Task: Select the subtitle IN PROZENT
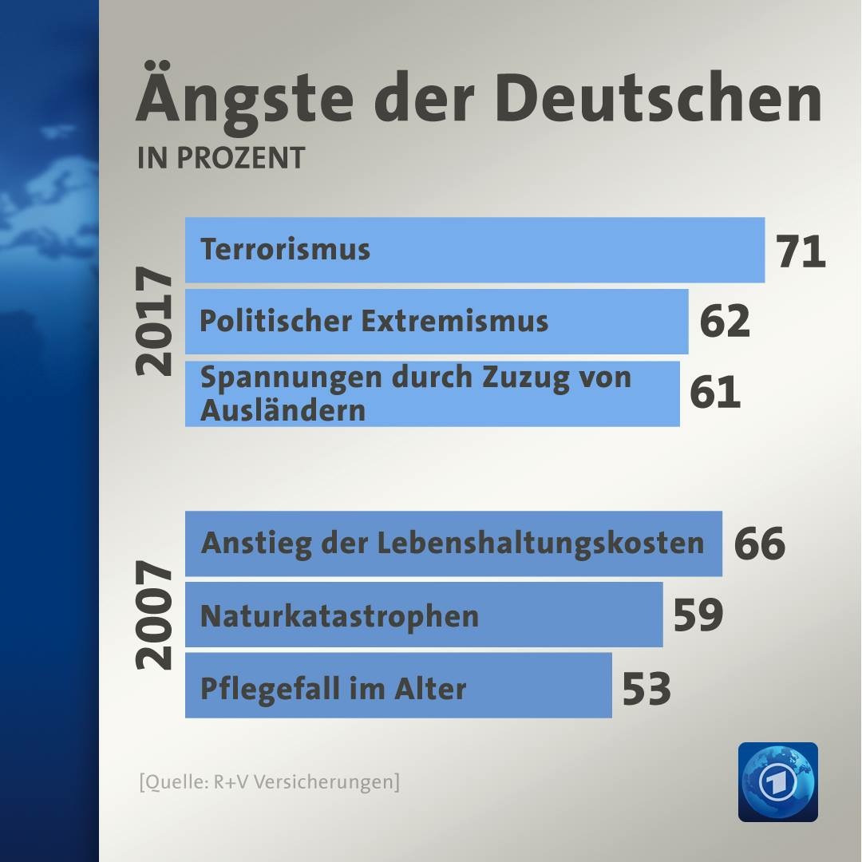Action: click(221, 158)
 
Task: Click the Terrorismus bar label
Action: click(285, 250)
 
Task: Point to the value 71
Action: click(801, 252)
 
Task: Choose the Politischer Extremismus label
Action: click(374, 321)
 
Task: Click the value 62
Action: click(725, 321)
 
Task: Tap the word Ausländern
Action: click(283, 410)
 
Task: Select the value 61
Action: click(715, 393)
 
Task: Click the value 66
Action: click(760, 544)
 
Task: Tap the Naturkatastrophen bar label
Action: click(339, 616)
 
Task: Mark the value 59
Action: click(698, 615)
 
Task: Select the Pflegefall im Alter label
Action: click(333, 688)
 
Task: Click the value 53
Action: click(646, 688)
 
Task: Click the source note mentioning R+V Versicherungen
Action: click(269, 781)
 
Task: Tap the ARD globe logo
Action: click(777, 782)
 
